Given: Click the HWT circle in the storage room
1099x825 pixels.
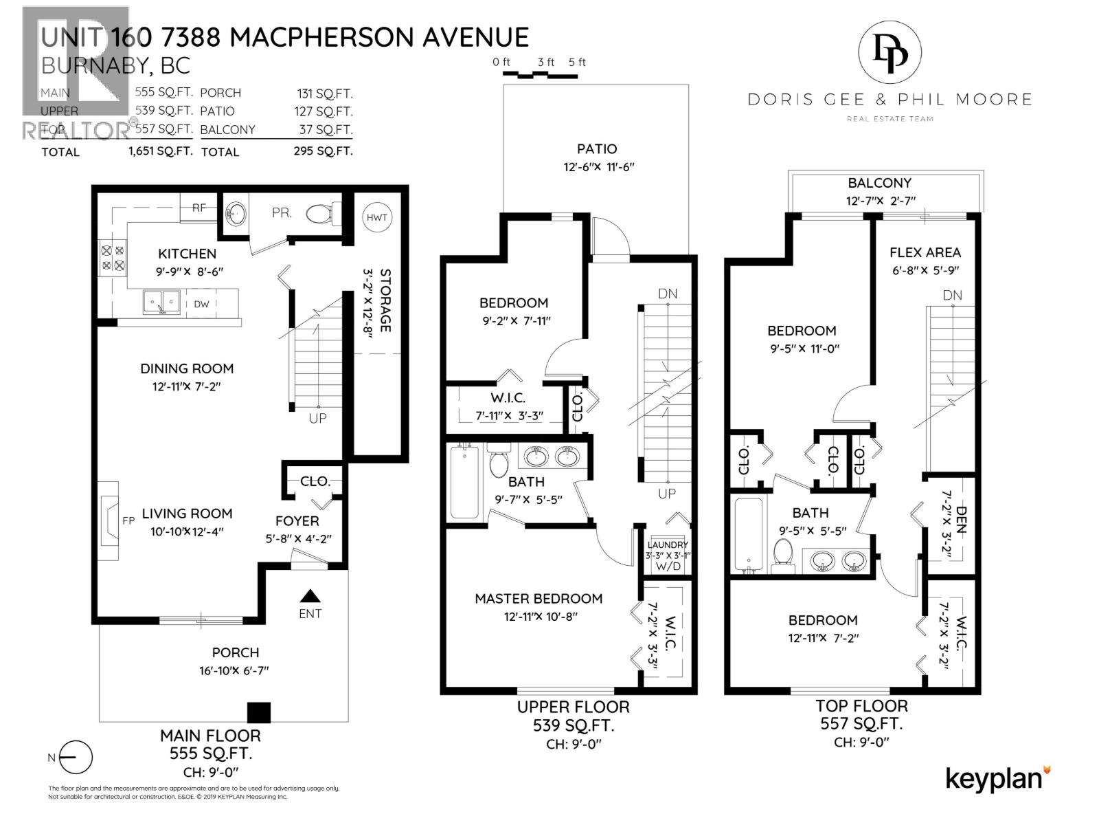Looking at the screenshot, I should [x=376, y=217].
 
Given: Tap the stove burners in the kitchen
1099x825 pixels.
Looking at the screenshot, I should [x=113, y=258].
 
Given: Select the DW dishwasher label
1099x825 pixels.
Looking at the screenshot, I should [x=201, y=304].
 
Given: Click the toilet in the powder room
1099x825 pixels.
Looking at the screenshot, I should [x=321, y=214].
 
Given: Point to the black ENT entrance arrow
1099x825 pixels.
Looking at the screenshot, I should [x=310, y=596].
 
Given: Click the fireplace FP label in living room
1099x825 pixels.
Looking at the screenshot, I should [x=128, y=521].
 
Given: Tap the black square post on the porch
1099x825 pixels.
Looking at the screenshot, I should [x=259, y=712].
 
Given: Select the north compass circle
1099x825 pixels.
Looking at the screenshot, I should [x=76, y=758].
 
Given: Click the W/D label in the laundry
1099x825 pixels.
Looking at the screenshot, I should [x=668, y=566].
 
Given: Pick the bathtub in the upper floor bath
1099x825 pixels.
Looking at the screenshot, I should [x=465, y=481].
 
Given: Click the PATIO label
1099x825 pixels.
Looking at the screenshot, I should [x=596, y=148].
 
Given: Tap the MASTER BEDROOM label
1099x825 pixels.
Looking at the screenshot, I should [x=539, y=599].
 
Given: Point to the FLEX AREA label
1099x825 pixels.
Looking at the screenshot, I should [x=925, y=252].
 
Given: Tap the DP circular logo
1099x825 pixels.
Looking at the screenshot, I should [x=890, y=54].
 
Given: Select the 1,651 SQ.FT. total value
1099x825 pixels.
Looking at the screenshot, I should [x=160, y=151].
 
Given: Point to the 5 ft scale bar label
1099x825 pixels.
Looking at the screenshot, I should [x=577, y=62].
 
